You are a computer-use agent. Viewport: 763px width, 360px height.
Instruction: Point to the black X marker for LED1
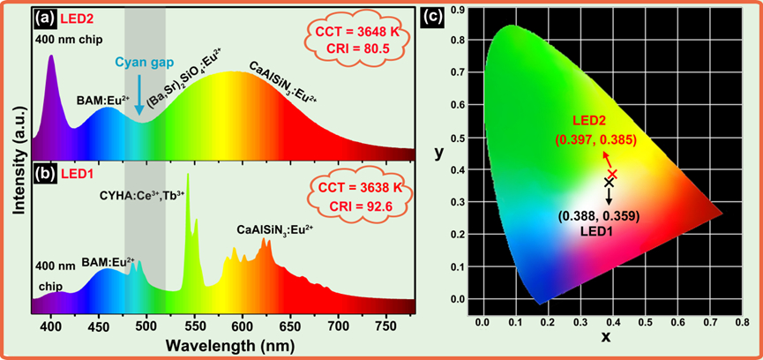(608, 181)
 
